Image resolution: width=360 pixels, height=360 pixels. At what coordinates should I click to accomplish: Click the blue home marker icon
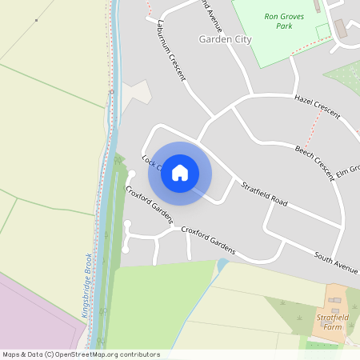[x=180, y=172]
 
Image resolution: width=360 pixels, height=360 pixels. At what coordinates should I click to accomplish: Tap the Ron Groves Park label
[x=278, y=21]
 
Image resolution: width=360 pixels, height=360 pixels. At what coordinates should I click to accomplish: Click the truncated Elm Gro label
[x=348, y=170]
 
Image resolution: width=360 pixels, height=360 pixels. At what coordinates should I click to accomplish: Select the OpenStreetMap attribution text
[x=81, y=354]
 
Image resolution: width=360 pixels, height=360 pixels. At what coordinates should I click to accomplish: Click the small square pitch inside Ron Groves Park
[x=322, y=31]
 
